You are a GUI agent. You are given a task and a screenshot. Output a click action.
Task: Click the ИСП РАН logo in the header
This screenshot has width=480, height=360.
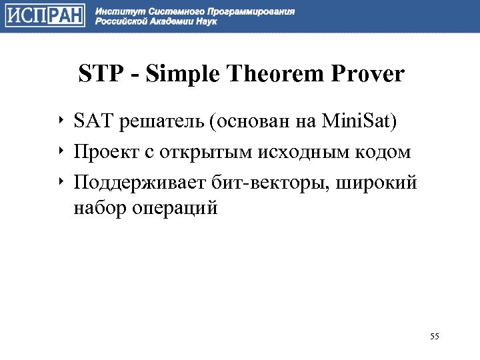click(x=45, y=16)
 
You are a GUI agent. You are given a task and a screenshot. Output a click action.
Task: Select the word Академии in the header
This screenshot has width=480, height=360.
click(x=167, y=22)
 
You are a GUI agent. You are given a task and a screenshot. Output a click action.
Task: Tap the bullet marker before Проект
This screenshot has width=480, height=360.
click(x=61, y=151)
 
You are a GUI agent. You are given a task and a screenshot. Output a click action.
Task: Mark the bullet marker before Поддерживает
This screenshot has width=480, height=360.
click(x=61, y=181)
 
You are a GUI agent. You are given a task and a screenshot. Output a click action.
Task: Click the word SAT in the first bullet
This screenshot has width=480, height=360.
click(x=92, y=123)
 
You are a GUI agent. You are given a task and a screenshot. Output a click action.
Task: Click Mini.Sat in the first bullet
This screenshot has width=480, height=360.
click(x=359, y=123)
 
